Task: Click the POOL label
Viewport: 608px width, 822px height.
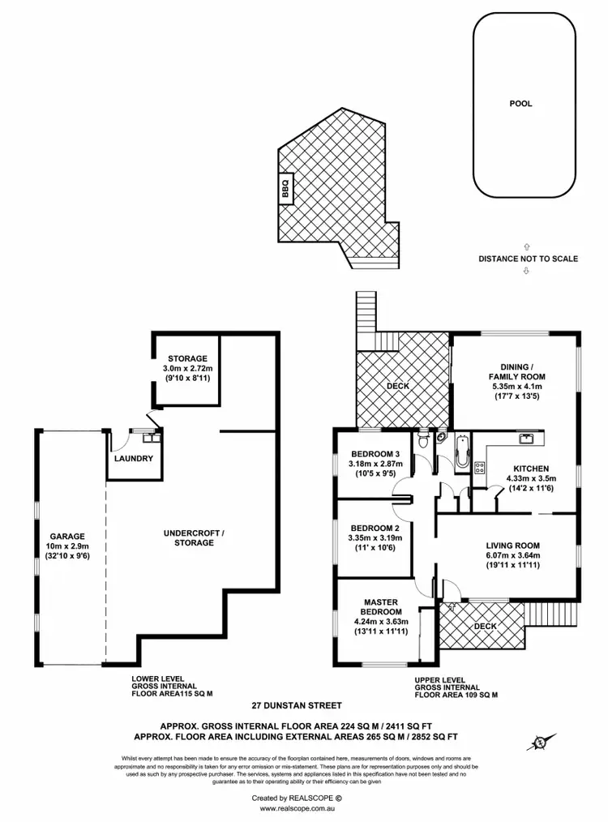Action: coord(521,104)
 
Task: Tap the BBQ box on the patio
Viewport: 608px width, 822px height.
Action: coord(285,189)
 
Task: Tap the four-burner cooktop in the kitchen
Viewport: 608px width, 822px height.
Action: coord(478,468)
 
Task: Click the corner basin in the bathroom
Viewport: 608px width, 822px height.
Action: coord(439,437)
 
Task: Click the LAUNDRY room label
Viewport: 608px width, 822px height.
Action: coord(133,459)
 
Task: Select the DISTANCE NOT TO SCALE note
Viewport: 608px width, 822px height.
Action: coord(528,259)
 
